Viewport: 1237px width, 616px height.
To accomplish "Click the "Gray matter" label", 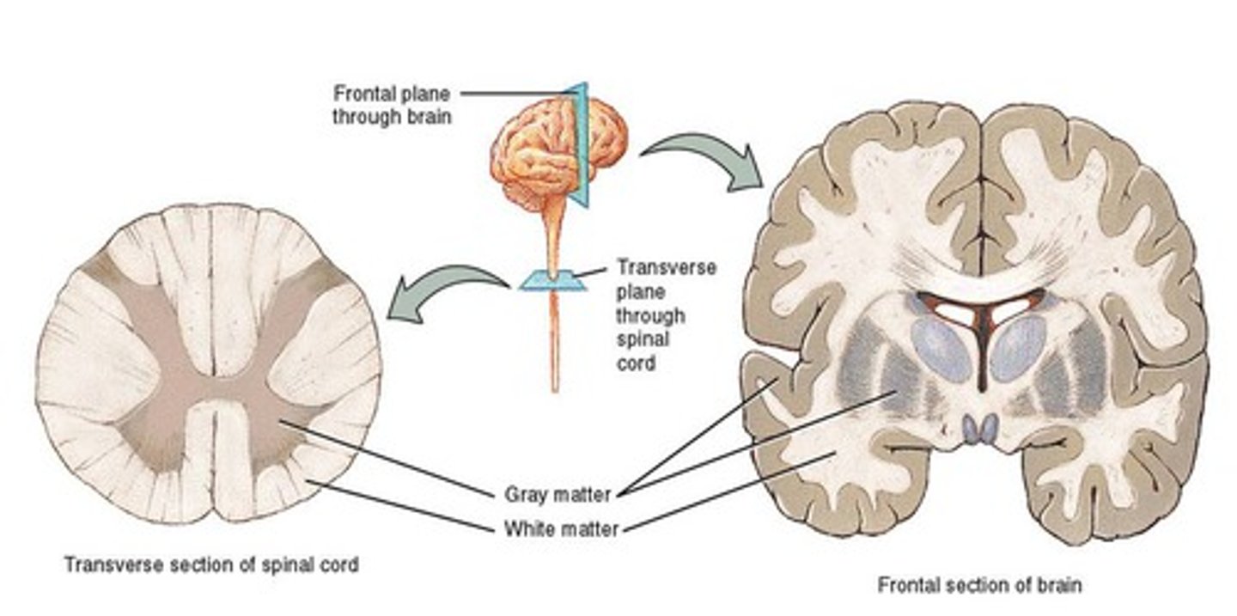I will (x=558, y=495).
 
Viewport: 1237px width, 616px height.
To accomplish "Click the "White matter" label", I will (x=560, y=529).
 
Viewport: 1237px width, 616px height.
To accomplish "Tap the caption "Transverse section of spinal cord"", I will (x=211, y=565).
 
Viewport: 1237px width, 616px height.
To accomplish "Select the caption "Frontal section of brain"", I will (x=979, y=586).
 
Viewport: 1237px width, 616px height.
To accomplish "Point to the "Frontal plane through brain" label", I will (x=392, y=104).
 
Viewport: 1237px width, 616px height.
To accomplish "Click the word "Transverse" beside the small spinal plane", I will (x=667, y=267).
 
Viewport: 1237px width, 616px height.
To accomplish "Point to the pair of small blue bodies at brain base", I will (x=980, y=428).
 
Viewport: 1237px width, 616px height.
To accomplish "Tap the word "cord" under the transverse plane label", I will (x=636, y=363).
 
